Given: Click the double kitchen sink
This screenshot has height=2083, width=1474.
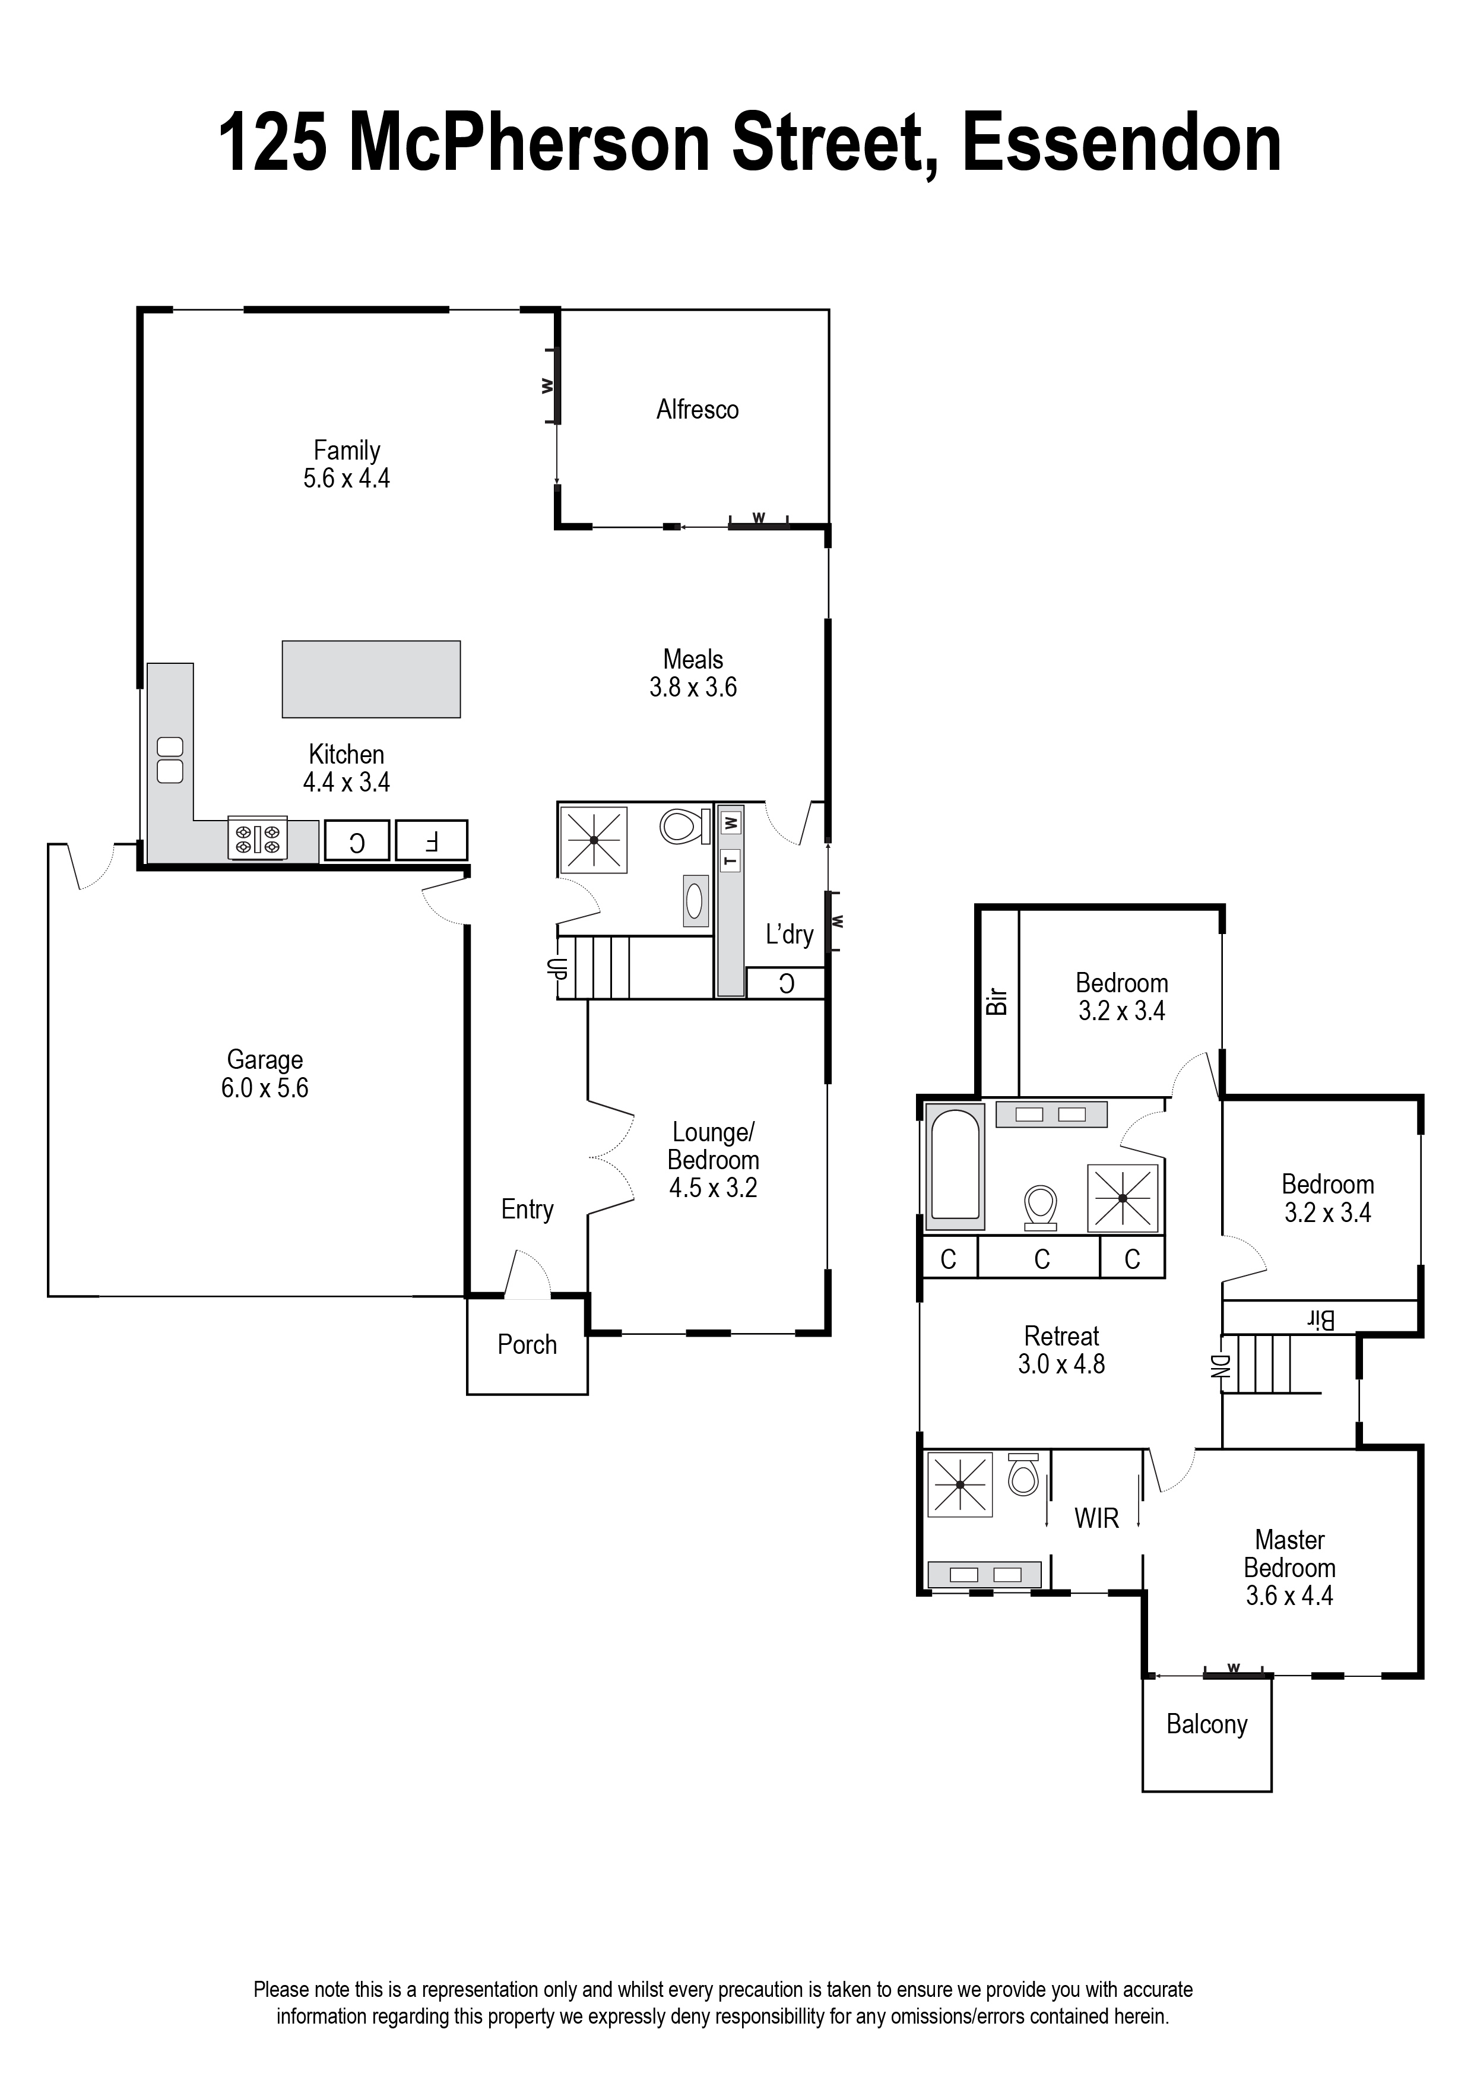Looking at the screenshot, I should coord(170,759).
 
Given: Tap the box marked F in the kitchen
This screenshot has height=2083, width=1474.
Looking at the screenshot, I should coord(432,840).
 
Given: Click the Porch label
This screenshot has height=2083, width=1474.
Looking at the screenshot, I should coord(527,1344).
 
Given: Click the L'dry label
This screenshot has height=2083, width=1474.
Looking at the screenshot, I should coord(789,934).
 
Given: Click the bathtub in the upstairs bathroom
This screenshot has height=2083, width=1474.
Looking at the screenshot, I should coord(955,1166).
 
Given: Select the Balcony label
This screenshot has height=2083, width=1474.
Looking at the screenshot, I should coord(1206,1724).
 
